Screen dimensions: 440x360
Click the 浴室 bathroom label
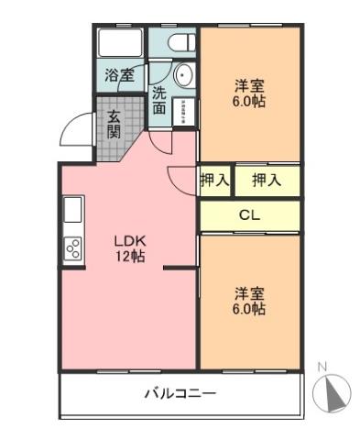tap(118, 75)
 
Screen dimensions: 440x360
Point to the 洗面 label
tap(159, 99)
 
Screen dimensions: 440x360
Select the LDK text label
tap(127, 241)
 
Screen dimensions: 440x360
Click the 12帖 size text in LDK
tap(128, 257)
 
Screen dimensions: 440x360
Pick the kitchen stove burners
tap(71, 247)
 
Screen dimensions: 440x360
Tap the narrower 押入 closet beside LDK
tap(214, 181)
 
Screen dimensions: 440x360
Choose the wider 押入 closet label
tap(266, 181)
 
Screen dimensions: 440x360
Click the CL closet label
tap(248, 216)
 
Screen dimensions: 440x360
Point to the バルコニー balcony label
tap(180, 395)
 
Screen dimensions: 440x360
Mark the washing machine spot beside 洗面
tap(184, 112)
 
